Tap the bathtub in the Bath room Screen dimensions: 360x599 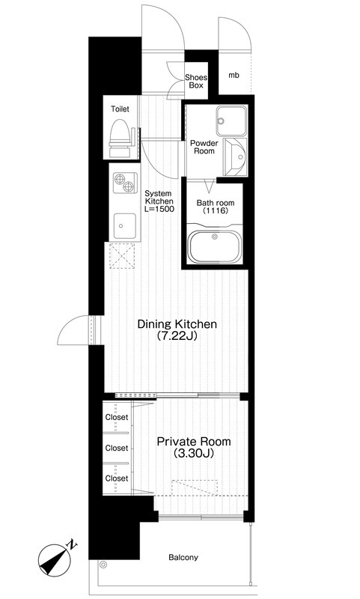pos(214,246)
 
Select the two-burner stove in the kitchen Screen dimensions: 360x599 pos(125,183)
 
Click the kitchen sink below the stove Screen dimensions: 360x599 pos(125,226)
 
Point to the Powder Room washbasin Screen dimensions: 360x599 pos(236,157)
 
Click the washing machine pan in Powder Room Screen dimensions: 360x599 pos(231,121)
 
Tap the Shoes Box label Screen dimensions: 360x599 pos(196,81)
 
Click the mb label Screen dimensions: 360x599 pos(234,76)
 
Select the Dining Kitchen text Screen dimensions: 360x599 pos(177,324)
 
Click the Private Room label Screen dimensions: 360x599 pos(194,442)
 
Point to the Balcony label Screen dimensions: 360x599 pos(183,557)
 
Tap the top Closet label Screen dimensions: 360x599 pos(117,417)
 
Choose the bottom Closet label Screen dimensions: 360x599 pos(117,478)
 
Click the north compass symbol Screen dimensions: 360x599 pos(56,559)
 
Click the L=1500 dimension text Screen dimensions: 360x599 pos(159,209)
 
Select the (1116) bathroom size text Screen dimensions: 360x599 pos(216,211)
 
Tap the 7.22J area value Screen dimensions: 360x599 pos(177,336)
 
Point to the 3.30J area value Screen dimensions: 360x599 pos(194,454)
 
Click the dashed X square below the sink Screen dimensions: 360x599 pos(122,255)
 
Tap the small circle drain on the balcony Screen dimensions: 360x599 pos(103,565)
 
